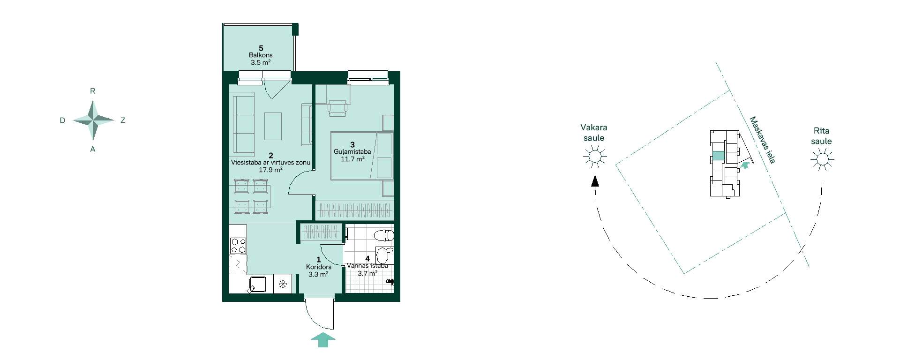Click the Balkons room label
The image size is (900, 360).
point(261,55)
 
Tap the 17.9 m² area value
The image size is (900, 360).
point(270,170)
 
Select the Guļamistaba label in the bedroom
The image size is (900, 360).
point(352,152)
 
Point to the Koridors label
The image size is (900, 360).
point(319,267)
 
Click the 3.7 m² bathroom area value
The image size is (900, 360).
point(367,274)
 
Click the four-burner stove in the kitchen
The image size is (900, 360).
point(238,246)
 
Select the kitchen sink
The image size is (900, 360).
point(257,284)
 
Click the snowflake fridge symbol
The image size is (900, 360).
point(283,284)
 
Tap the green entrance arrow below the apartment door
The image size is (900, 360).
point(323,340)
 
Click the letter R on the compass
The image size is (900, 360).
point(93,91)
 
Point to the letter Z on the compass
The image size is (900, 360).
point(123,120)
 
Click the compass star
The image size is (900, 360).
point(93,120)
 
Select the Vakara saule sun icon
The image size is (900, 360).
point(594,156)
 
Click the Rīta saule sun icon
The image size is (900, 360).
point(822,159)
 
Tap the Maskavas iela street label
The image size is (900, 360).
point(763,140)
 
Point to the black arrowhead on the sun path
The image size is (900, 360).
point(595,181)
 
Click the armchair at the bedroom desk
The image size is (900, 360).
point(337,108)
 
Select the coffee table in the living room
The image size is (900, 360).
point(273,126)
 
